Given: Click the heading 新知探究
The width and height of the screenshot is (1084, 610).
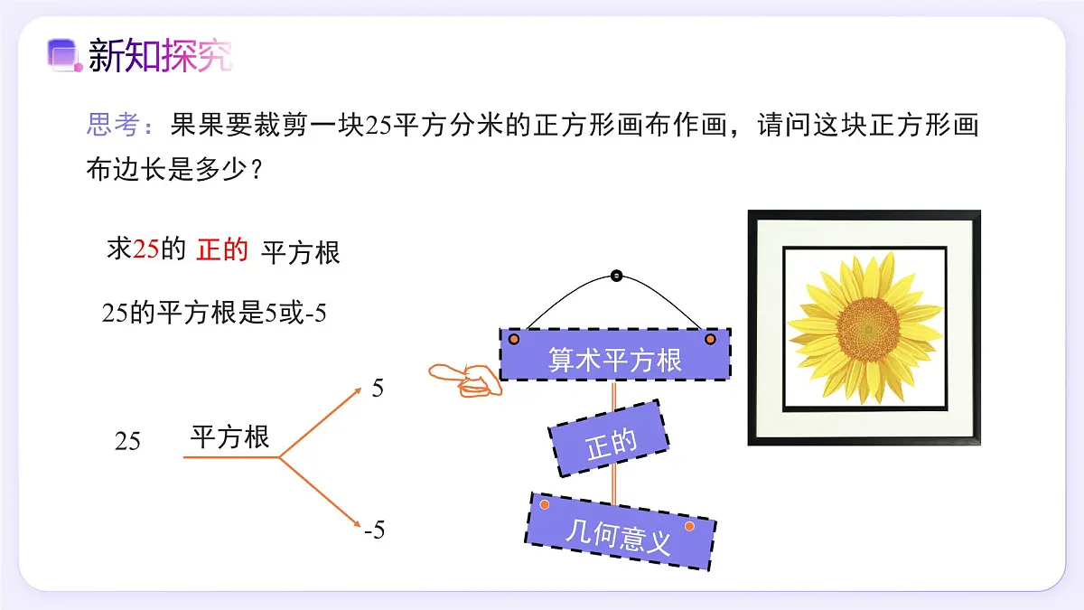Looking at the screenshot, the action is coord(160,56).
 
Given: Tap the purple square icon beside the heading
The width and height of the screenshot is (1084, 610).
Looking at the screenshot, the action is coord(64,55).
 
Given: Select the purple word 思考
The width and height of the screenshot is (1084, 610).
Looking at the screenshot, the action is coord(114,124).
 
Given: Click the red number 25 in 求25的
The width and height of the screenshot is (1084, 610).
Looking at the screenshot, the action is coord(145,249).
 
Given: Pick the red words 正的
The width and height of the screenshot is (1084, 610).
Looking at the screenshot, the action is coord(222,249).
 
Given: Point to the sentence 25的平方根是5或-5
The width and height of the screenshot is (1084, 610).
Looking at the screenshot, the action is coord(214,313).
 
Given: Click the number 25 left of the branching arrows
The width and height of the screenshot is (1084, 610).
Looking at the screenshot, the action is coord(127,441).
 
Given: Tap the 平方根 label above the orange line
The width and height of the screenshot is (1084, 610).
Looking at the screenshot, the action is coord(229,437).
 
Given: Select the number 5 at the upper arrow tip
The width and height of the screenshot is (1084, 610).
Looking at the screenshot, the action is coord(378,389).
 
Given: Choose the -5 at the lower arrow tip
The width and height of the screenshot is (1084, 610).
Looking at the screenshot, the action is coord(375,530).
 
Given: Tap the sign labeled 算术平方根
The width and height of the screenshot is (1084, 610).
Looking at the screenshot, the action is coord(615,354).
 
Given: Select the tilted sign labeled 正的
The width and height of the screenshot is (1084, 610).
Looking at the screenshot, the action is coord(609,439).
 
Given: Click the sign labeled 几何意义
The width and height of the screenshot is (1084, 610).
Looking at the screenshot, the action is coord(621,531).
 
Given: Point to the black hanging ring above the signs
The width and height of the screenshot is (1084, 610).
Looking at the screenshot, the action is coord(616,276).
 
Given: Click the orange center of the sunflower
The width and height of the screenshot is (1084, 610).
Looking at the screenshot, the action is coord(868,329).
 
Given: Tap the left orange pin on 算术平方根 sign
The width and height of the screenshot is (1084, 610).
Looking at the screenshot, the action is coord(514,340).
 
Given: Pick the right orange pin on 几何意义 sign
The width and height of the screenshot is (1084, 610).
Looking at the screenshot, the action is coord(689,526).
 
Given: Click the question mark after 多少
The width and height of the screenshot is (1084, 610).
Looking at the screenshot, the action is coord(257,170).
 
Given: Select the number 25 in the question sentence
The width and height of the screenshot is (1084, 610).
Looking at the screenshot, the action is coord(378,125).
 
